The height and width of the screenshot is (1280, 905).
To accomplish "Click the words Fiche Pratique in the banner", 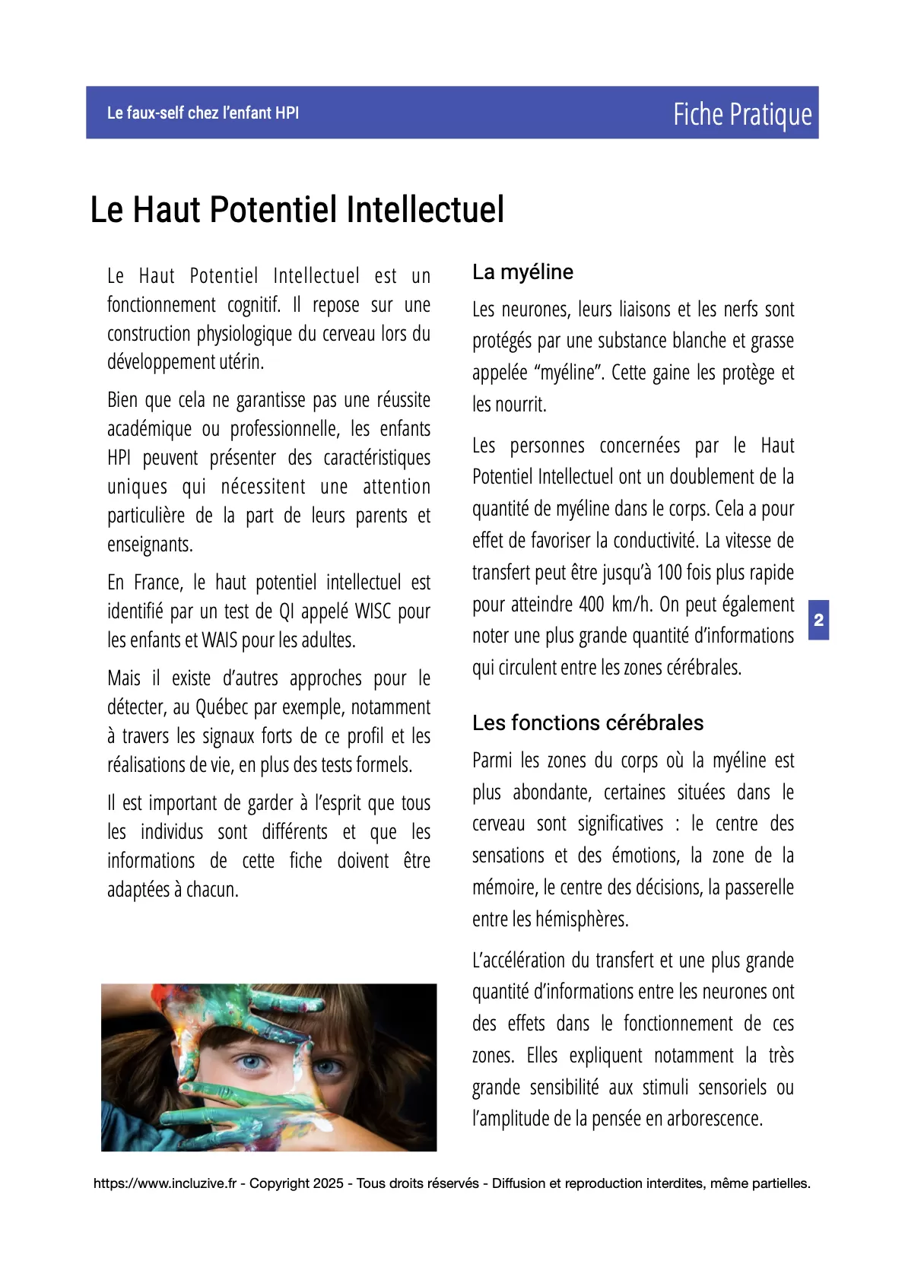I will tap(741, 114).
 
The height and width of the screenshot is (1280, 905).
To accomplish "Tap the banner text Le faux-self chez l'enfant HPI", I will tap(203, 113).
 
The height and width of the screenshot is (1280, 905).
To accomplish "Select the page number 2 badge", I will tap(818, 620).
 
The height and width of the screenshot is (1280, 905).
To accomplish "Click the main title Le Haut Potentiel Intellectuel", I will tap(297, 210).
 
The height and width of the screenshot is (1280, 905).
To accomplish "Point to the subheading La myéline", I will tap(522, 272).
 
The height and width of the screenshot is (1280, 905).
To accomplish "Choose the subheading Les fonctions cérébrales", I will tap(588, 723).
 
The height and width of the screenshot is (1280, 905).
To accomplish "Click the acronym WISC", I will tap(373, 611).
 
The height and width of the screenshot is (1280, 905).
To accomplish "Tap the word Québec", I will tap(222, 707).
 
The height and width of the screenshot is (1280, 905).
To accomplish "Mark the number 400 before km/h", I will tap(592, 605).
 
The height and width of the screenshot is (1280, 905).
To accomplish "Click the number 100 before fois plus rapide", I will tap(669, 573).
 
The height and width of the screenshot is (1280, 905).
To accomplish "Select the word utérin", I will tap(242, 362).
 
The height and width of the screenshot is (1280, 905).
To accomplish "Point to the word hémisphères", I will tap(582, 920).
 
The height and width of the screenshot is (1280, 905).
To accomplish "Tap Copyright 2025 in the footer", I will tap(297, 1183).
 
